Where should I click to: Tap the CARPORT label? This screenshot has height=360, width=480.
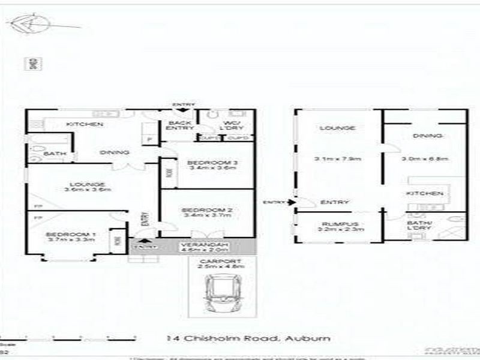222,262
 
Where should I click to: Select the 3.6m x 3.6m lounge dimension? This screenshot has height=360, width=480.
88,190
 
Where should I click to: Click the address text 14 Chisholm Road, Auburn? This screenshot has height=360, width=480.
249,339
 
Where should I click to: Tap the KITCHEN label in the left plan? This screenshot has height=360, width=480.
85,124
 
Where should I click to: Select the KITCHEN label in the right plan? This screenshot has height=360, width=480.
425,193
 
